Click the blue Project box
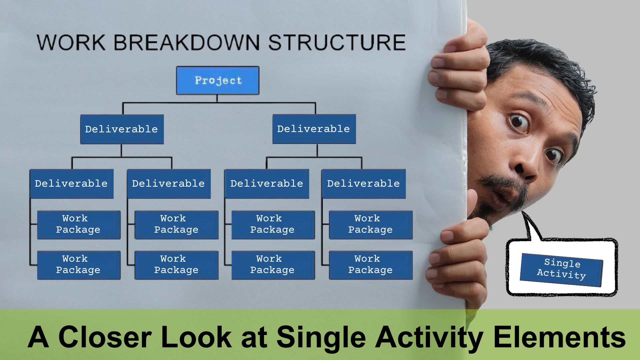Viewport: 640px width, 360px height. point(218,80)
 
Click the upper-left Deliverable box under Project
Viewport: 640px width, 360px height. point(122,129)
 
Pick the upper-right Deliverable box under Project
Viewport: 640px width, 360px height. point(314,129)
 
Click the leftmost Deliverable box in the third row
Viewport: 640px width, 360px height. point(71,184)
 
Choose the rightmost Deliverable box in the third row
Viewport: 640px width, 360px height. point(364,184)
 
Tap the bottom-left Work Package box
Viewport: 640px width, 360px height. point(79,265)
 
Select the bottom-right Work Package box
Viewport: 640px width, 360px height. point(371,265)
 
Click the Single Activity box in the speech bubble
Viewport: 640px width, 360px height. point(562,269)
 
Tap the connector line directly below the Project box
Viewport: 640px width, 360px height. point(217,99)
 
